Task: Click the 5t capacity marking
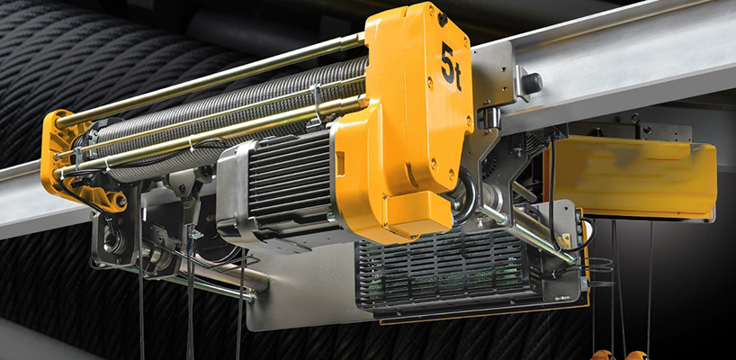tap(451, 67)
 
